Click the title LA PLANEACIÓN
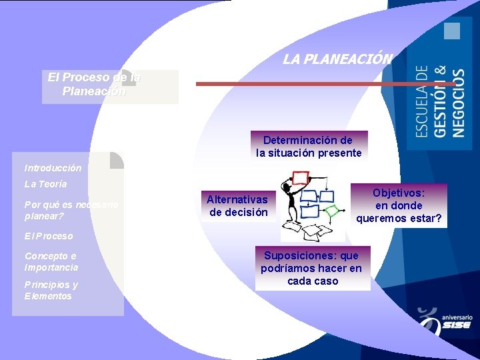point(337,59)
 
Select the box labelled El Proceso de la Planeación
point(95,85)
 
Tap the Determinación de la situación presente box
point(309,147)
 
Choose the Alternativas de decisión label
point(238,206)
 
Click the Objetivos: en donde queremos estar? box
point(399,205)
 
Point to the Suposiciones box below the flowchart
point(311,268)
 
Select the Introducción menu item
point(53,168)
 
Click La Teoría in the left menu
point(45,183)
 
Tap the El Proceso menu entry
point(49,236)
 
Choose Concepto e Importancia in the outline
point(51,261)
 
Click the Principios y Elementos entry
point(51,290)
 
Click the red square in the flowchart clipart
point(301,177)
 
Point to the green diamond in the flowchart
point(331,211)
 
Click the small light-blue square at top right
point(453,31)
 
